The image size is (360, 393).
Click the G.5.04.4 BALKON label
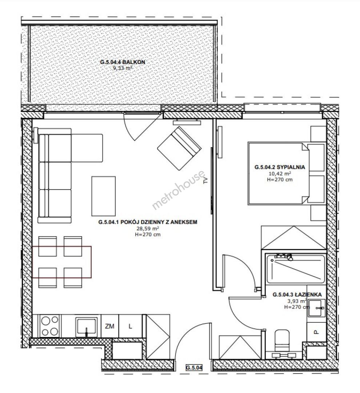[123, 62]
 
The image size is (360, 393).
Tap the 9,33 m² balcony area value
[123, 68]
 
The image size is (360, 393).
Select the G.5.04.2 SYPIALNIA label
[280, 167]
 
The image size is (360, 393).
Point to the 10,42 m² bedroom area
[280, 174]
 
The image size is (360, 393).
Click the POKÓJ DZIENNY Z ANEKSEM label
[159, 222]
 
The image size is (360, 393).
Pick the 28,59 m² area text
[148, 228]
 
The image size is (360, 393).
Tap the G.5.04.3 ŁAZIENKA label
[297, 295]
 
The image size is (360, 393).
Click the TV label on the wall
[206, 180]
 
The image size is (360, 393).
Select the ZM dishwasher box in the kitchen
[110, 326]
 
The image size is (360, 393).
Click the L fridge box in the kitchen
[130, 326]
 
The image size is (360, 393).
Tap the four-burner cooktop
[50, 326]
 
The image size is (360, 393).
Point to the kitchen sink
[87, 327]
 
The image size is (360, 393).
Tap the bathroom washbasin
[316, 307]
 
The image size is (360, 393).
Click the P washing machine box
[316, 332]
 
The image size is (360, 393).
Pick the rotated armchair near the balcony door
[179, 148]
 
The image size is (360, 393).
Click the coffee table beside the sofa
[104, 196]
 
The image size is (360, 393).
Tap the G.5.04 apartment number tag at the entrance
[194, 368]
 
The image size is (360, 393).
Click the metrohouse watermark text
[179, 190]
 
